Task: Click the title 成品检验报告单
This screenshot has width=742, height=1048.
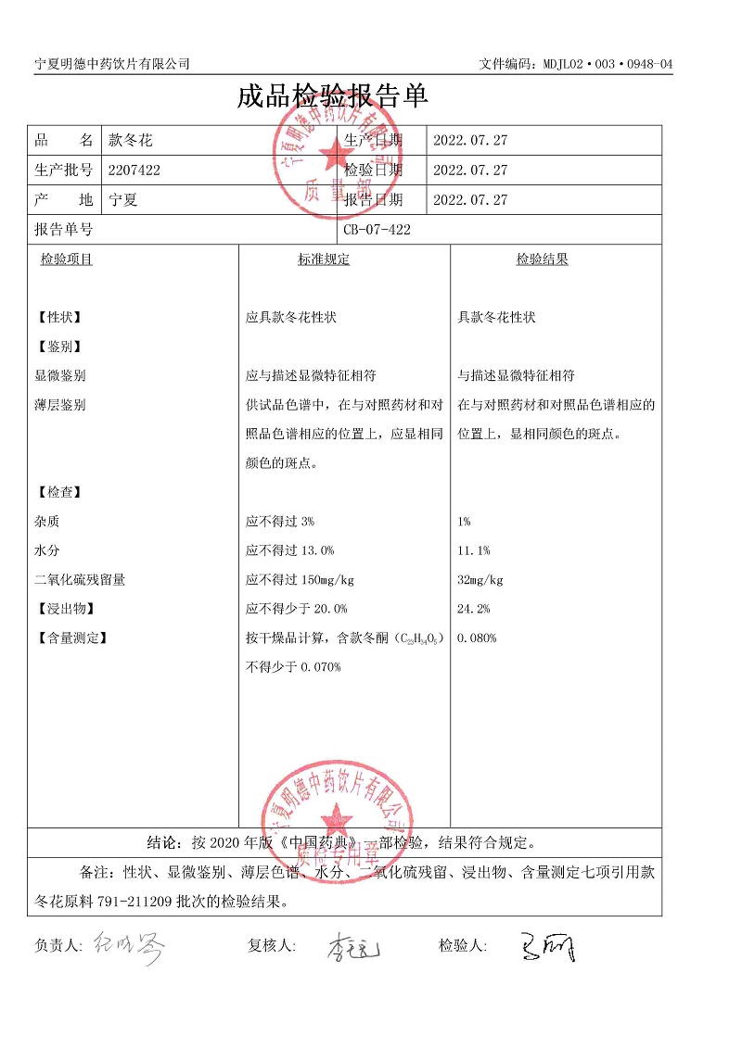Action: coord(332,96)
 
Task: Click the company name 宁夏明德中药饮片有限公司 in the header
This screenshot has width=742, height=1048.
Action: coord(112,63)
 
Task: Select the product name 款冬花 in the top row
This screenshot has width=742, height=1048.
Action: coord(131,141)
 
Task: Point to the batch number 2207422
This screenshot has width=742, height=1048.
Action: coord(134,170)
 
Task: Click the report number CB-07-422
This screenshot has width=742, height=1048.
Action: coord(377,230)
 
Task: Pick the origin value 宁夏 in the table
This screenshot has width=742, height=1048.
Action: coord(123,200)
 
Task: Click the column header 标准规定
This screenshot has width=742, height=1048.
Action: coord(324,259)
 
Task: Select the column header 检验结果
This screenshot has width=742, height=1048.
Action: coord(542,259)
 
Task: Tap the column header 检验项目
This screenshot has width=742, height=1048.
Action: coord(66,259)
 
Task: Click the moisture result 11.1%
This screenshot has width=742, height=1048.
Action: coord(474,551)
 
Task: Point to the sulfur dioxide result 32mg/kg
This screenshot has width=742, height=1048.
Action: coord(480,580)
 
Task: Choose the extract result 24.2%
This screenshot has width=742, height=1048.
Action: coord(474,609)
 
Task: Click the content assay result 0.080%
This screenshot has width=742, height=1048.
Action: coord(478,638)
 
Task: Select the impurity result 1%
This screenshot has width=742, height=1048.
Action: coord(464,522)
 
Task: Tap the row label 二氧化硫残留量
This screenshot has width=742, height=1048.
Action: coord(80,580)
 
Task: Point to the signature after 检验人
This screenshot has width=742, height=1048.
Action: coord(547,946)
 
